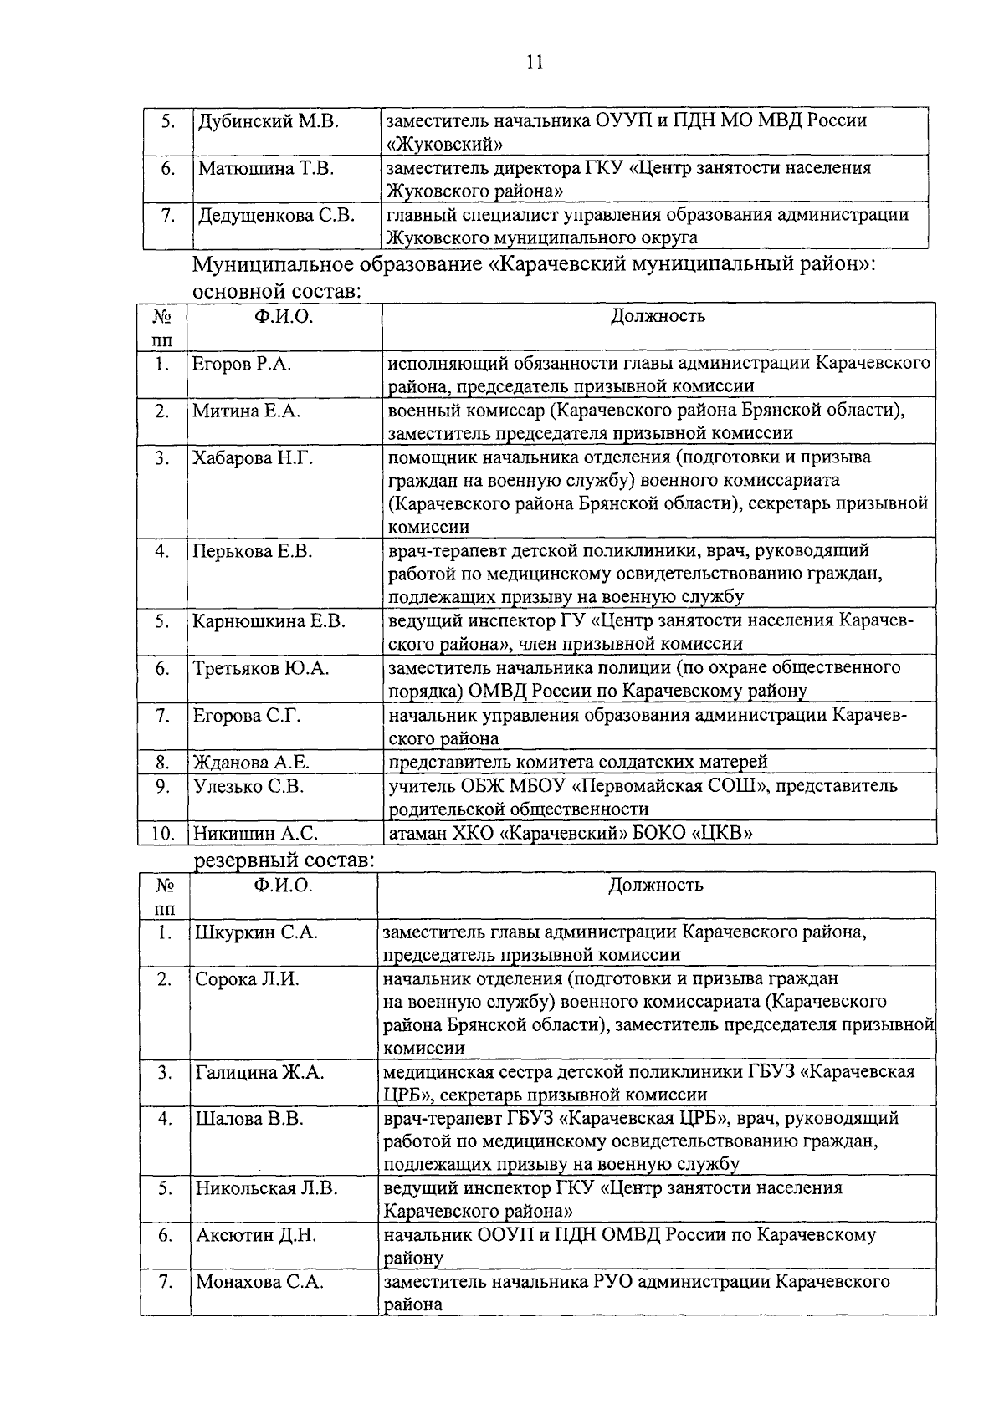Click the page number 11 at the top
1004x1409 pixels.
(x=535, y=62)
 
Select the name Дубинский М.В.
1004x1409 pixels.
(x=268, y=120)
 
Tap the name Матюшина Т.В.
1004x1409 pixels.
(x=265, y=168)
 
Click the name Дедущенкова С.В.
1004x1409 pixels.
(x=276, y=216)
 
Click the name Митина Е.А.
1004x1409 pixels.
(x=246, y=411)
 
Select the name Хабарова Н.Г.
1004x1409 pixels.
(x=254, y=458)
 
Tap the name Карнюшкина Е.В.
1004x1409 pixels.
(x=269, y=621)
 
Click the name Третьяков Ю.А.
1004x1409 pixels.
(x=260, y=668)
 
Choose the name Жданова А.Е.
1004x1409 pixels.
(x=251, y=762)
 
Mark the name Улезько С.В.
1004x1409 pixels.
(x=248, y=786)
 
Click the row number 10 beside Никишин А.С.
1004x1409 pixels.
(x=162, y=834)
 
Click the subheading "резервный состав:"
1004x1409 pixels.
(x=284, y=860)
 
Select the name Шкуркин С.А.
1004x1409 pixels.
(x=256, y=932)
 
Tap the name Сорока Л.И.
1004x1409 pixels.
(x=247, y=979)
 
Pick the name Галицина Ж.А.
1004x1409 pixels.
(x=259, y=1072)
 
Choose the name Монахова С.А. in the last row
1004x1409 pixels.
(x=259, y=1282)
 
